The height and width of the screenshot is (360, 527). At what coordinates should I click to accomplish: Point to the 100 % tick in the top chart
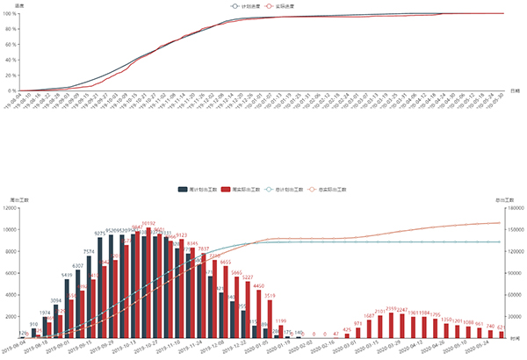pyautogui.click(x=7, y=13)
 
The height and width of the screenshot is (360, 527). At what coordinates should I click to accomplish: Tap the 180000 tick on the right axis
pyautogui.click(x=515, y=208)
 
